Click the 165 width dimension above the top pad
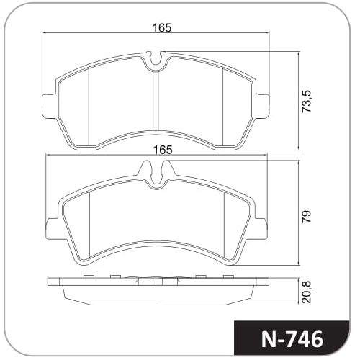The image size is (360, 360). pyautogui.click(x=163, y=28)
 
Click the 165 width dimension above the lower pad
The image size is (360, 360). pyautogui.click(x=163, y=150)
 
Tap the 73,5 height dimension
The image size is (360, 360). pyautogui.click(x=307, y=101)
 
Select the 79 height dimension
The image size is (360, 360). pyautogui.click(x=307, y=217)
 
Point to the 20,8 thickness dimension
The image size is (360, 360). pyautogui.click(x=307, y=292)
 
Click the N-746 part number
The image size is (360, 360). pyautogui.click(x=292, y=340)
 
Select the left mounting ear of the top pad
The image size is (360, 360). pyautogui.click(x=50, y=106)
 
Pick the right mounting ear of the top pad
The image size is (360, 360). pyautogui.click(x=262, y=106)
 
